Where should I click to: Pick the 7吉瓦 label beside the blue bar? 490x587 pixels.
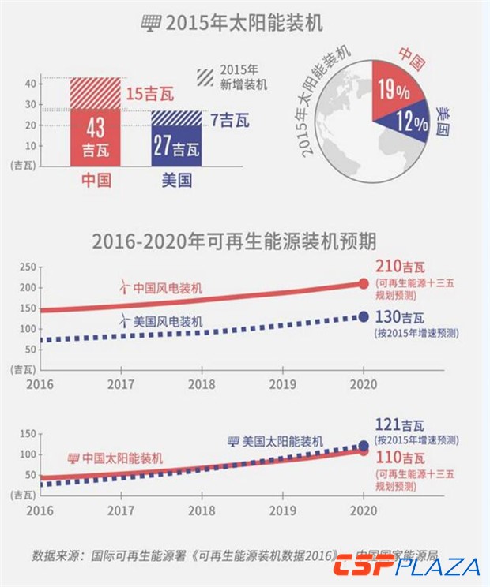(x=230, y=121)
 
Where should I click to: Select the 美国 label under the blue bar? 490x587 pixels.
(x=176, y=181)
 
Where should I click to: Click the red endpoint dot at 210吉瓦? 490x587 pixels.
(x=364, y=284)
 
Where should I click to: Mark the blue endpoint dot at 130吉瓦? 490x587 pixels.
(x=364, y=316)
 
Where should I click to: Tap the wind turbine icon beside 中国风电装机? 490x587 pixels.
(x=123, y=288)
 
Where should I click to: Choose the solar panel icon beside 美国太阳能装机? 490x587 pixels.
(x=232, y=440)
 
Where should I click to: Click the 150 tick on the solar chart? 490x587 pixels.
(x=28, y=433)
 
